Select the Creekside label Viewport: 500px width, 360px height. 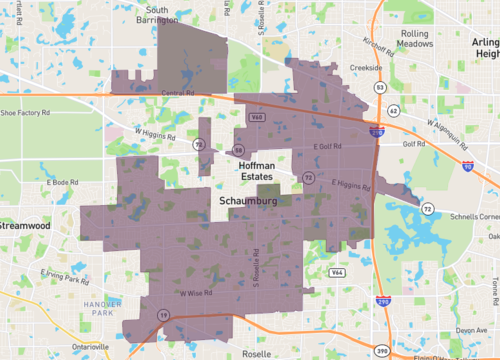coord(366,68)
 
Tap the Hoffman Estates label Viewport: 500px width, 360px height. coord(262,169)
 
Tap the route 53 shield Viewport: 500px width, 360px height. coord(380,87)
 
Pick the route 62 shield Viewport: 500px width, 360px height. coord(394,110)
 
